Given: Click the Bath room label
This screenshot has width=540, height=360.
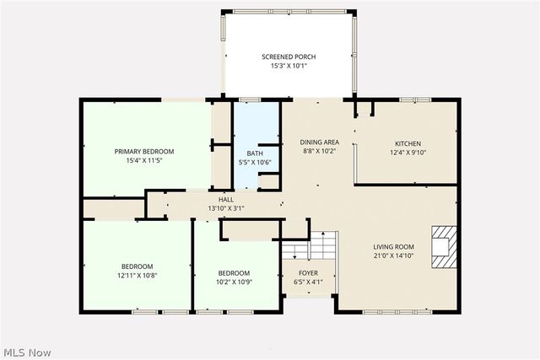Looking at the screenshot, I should (x=256, y=153).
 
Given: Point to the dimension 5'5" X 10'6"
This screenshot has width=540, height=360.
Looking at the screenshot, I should (x=256, y=162).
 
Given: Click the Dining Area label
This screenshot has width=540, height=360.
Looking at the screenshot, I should (x=320, y=142).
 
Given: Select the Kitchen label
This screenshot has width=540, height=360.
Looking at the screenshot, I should (x=408, y=143).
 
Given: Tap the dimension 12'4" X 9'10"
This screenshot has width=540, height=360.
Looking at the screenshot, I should (x=408, y=153).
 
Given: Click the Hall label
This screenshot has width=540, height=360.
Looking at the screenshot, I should (x=226, y=200).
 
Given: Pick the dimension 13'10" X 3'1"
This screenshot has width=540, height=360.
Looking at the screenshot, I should (x=226, y=208).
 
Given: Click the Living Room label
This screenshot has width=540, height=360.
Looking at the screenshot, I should (x=394, y=247).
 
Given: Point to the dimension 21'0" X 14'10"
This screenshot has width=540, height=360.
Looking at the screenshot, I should (x=394, y=255).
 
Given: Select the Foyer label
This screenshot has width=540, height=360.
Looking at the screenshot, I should (x=308, y=273).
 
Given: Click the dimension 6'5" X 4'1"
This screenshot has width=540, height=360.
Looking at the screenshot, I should (x=308, y=282).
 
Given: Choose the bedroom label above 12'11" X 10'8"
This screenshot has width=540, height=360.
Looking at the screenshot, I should (x=137, y=266).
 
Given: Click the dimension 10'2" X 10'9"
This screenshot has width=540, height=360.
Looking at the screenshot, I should (x=234, y=282).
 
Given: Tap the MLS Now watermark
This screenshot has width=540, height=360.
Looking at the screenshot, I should (x=27, y=352).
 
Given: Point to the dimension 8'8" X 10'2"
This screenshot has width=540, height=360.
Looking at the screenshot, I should (x=320, y=152).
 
